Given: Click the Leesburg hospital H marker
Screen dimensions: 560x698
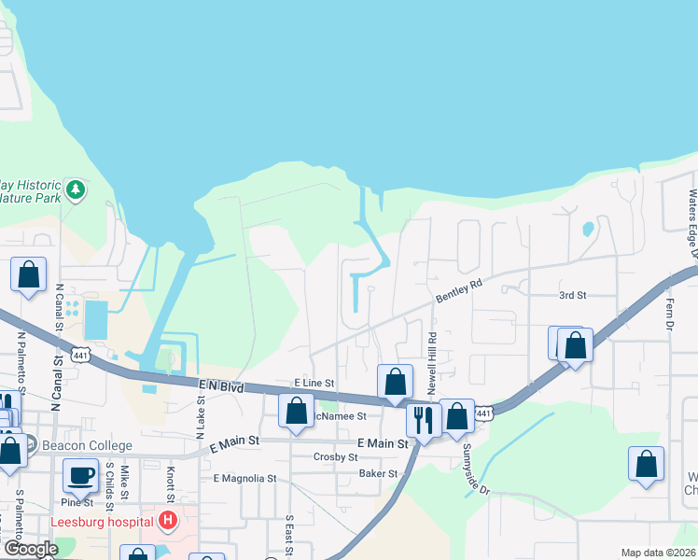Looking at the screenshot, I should [x=168, y=520].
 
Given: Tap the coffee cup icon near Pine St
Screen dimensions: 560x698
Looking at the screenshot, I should [x=80, y=474].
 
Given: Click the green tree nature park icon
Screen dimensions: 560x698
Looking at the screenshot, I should [x=77, y=190].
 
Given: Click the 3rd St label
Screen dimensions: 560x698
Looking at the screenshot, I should [x=572, y=295].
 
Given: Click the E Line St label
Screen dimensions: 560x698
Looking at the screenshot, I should [x=314, y=383].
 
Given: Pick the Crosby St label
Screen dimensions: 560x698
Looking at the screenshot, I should [x=336, y=457].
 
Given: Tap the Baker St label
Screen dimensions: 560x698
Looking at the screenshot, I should [x=379, y=473].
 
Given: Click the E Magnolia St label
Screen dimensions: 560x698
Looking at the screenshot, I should [x=245, y=478].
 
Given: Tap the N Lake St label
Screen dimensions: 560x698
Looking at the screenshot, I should [x=200, y=417].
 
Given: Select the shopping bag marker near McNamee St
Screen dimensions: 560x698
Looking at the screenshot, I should [x=296, y=411].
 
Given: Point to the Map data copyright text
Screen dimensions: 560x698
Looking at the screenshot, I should [x=658, y=553].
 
